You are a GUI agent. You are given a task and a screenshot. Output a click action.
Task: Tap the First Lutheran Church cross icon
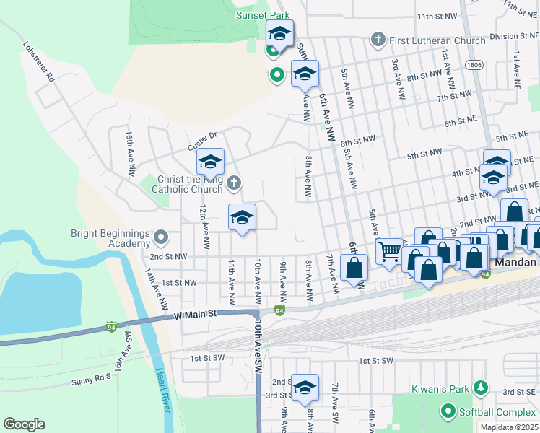click(377, 40)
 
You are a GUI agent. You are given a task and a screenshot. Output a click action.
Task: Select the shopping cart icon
click(389, 252)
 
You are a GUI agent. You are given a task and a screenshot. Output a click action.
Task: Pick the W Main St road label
click(195, 314)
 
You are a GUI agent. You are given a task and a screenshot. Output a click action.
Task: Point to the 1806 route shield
click(474, 65)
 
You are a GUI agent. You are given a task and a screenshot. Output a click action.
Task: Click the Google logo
click(24, 424)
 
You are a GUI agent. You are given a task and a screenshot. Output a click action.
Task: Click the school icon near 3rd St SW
click(305, 388)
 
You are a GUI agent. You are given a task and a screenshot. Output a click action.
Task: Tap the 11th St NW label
click(437, 16)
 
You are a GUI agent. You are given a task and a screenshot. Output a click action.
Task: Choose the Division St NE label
click(514, 35)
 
